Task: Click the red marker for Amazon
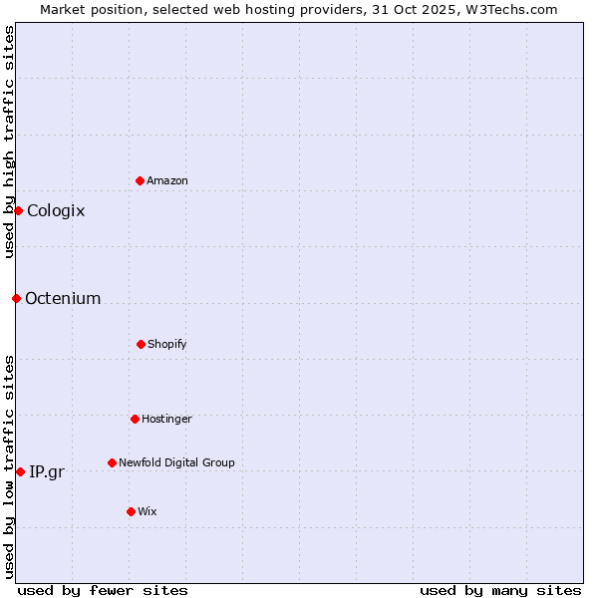coord(140,180)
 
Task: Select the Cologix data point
coord(18,210)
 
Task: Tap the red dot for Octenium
coord(16,298)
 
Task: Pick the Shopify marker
coord(141,344)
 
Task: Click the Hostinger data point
coord(135,419)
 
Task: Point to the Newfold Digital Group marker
coord(112,462)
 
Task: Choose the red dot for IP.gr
coord(20,471)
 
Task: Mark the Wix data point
coord(131,511)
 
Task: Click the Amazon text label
coord(167,180)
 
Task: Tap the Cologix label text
coord(56,210)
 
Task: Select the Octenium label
coord(63,298)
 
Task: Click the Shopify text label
coord(167,344)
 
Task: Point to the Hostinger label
coord(166,419)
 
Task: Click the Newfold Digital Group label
coord(176,462)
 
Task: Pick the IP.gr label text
coord(47,471)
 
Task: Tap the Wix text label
coord(148,511)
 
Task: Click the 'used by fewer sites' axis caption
coord(103,590)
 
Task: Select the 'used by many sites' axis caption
coord(500,590)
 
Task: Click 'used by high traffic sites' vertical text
coord(9,142)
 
